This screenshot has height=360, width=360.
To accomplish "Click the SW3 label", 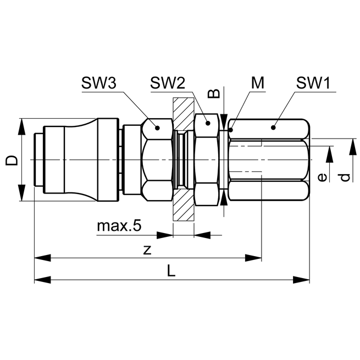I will (x=99, y=83).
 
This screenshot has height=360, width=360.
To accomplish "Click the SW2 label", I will (x=168, y=83).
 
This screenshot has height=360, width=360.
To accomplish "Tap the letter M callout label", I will (x=257, y=83).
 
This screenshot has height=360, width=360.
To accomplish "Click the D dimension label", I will (x=12, y=160).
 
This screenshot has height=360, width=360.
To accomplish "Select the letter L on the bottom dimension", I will (x=171, y=271).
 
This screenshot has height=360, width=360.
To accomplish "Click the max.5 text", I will (x=119, y=226).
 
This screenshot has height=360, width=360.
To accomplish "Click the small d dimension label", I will (x=344, y=177).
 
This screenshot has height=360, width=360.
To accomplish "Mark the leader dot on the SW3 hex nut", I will (x=157, y=128).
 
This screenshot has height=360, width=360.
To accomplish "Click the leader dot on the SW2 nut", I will (x=207, y=124).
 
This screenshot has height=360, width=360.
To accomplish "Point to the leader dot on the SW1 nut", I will (x=273, y=128).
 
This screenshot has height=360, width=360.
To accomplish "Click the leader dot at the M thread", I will (x=232, y=130).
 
